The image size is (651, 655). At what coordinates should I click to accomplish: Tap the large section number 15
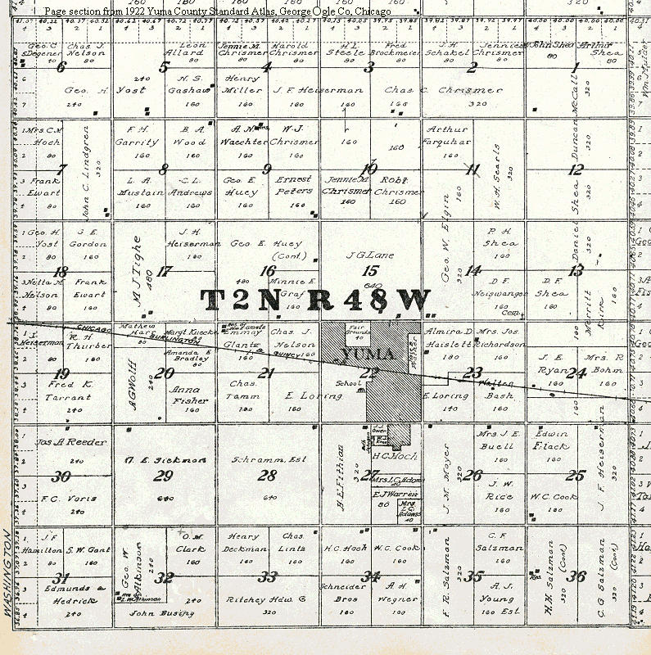371,271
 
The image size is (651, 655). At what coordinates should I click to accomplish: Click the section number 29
164,476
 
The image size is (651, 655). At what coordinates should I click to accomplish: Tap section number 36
577,576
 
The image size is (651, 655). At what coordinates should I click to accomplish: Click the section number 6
60,67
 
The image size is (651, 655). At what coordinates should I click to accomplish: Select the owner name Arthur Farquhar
447,135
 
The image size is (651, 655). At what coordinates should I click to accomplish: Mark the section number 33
268,576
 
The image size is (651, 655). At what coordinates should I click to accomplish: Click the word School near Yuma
348,382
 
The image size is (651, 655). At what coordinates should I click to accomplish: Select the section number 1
576,67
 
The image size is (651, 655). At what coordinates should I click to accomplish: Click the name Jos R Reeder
72,442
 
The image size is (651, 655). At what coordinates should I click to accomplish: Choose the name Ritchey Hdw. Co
266,599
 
